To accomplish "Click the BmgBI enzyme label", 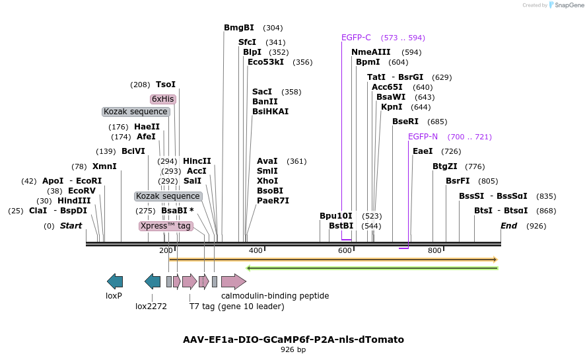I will [238, 28].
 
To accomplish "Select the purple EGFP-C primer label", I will [356, 38].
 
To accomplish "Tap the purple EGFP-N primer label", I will [423, 137].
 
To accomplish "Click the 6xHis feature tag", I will [162, 99].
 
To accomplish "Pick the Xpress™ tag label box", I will [166, 226].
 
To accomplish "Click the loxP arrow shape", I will [115, 281].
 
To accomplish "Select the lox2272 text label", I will [151, 306].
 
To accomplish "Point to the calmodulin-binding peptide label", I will [275, 296].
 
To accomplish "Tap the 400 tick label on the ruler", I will [255, 250].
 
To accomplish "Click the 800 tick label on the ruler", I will [434, 250].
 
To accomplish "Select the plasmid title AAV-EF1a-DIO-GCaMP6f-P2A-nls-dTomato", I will [293, 340].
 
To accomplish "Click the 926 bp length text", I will [293, 349].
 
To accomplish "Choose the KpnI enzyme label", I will [392, 107].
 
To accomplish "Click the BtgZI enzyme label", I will [444, 166].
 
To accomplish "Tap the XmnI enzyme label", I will [104, 166].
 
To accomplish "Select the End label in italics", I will [508, 226].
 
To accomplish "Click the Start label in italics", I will [71, 226].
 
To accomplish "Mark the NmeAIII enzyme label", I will [370, 52].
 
